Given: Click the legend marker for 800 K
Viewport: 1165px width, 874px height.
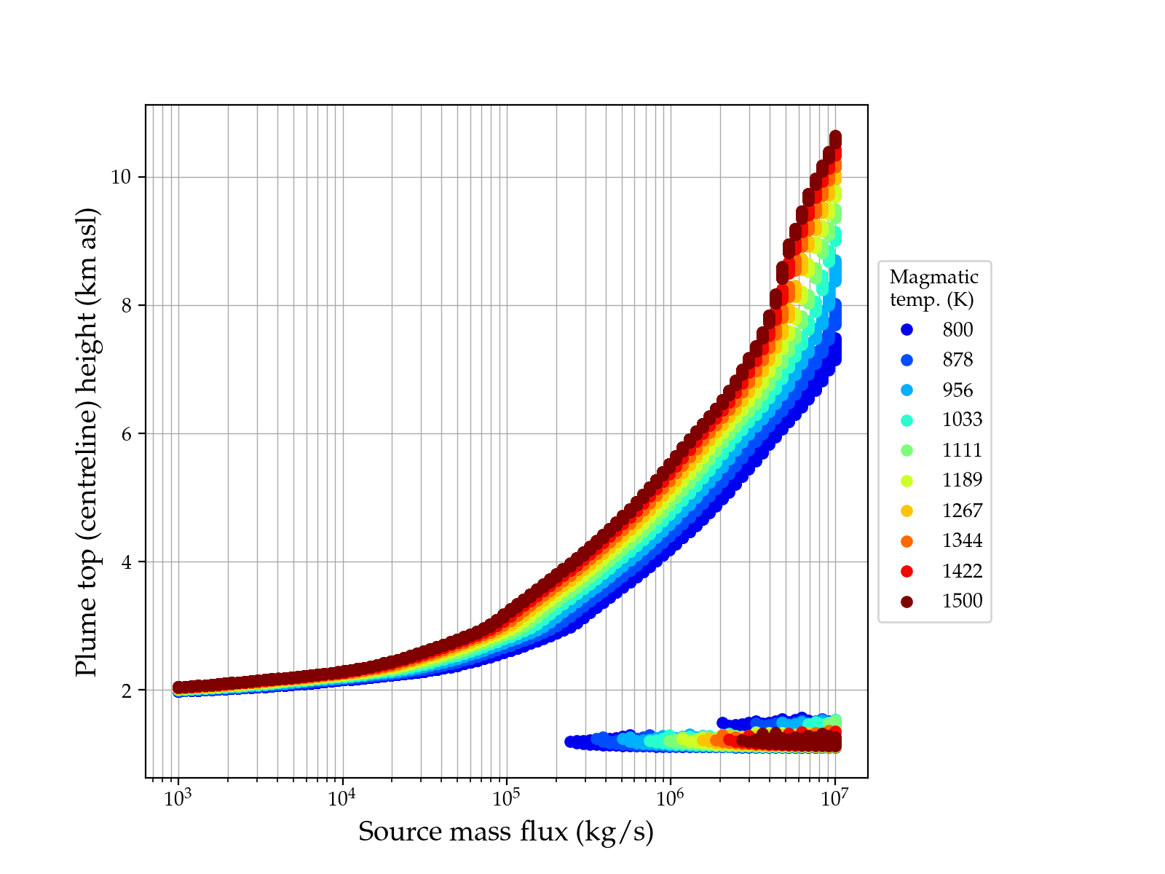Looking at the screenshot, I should tap(907, 330).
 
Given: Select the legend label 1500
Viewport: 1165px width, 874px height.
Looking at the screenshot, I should tap(962, 601).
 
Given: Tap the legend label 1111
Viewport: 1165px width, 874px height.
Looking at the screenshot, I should tap(962, 450).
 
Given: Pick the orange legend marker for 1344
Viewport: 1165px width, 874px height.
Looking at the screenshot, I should tap(907, 541).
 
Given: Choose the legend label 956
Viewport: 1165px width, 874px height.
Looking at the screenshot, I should tap(957, 390).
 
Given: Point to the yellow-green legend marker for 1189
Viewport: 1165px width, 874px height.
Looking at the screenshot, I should tap(907, 481).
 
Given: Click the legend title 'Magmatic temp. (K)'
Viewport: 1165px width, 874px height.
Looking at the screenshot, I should tap(933, 288).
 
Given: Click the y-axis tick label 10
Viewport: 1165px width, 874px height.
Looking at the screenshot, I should tap(121, 177).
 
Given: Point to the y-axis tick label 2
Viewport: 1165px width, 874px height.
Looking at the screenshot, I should tap(126, 690).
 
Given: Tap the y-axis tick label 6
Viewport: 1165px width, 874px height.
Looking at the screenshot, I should tap(126, 433).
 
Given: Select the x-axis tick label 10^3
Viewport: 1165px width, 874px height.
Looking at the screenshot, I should tap(178, 798).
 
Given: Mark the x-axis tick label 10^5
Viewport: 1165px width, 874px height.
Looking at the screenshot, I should tap(506, 798).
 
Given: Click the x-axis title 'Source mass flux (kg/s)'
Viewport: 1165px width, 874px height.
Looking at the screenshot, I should tap(506, 831).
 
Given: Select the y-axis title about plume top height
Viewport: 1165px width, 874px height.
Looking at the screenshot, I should tap(87, 441).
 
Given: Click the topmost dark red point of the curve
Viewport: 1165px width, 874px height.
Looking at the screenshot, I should tap(835, 137).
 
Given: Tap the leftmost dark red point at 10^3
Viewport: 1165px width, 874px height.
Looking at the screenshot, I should tap(178, 687).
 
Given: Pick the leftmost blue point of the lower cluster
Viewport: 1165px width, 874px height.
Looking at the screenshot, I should tap(570, 741).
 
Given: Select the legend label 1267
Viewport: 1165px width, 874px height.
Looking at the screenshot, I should tap(962, 511).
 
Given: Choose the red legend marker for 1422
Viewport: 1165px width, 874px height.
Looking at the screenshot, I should tap(907, 571).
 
